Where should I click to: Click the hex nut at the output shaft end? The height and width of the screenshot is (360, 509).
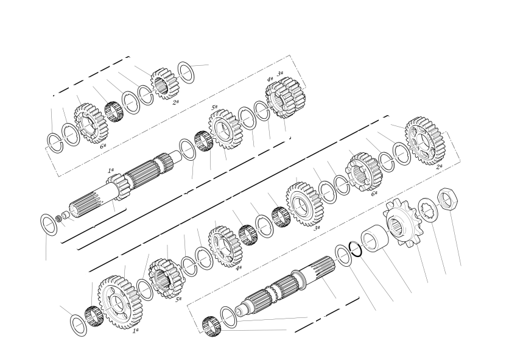(x=448, y=199)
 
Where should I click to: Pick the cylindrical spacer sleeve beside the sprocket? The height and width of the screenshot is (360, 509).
(x=374, y=238)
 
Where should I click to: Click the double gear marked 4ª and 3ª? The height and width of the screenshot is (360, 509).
(x=285, y=97)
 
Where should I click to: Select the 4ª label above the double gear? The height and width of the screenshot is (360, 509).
(x=270, y=79)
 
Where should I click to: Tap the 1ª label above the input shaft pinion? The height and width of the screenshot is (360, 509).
(x=111, y=170)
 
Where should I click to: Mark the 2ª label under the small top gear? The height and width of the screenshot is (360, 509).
(x=175, y=102)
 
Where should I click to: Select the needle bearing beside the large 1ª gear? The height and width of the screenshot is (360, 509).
(x=94, y=316)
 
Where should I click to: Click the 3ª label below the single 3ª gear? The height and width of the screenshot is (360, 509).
(x=317, y=228)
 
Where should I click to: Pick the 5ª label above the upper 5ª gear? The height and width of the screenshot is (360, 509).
(x=214, y=107)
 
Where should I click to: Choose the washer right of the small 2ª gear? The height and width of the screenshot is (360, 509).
(x=186, y=72)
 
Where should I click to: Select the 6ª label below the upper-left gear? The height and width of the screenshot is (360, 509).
(x=103, y=147)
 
